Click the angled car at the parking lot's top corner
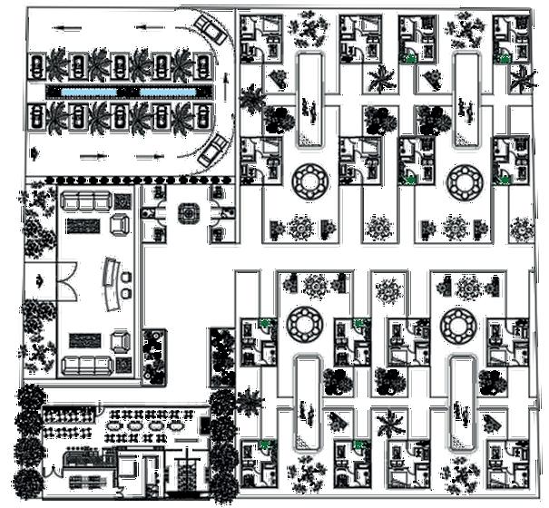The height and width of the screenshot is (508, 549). coord(212,34)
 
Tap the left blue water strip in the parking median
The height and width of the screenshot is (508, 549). coord(88,93)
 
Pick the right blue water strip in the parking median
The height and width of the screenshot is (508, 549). coord(169,93)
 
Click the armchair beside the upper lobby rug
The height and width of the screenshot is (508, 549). coord(119,223)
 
